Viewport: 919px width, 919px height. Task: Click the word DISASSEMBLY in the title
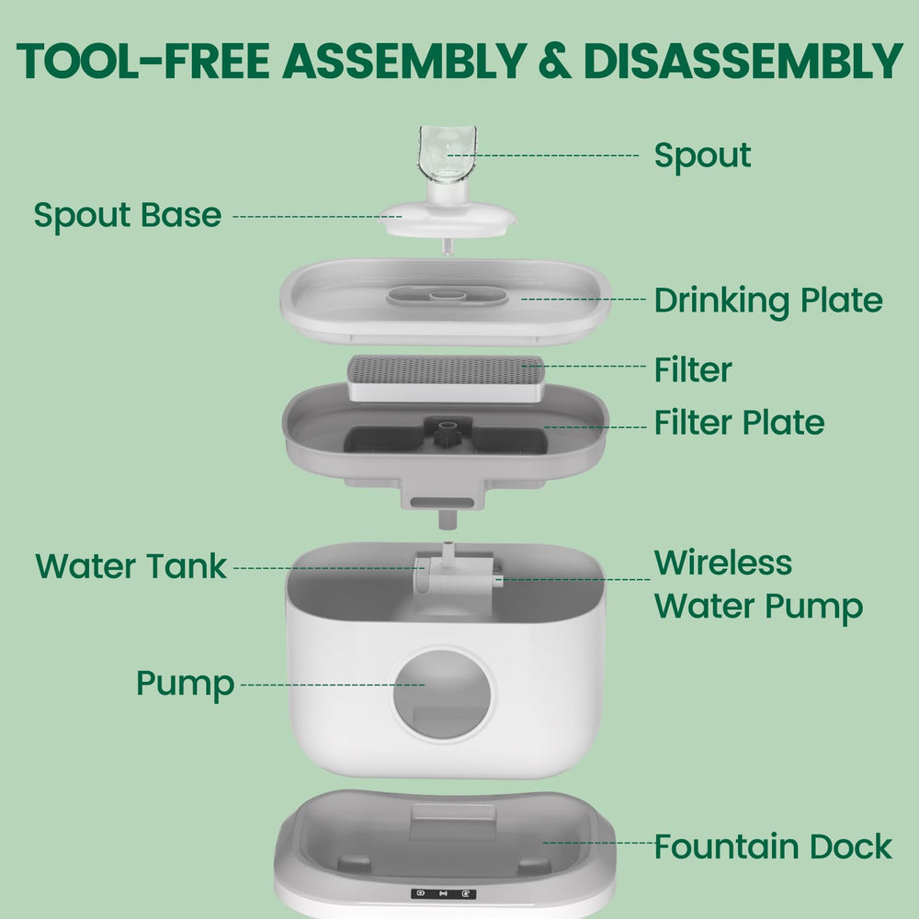[x=743, y=61]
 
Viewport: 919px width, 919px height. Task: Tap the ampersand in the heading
[x=554, y=61]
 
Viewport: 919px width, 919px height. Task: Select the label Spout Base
[x=128, y=216]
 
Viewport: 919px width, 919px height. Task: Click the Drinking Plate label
[x=768, y=301]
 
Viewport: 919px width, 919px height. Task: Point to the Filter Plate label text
[x=739, y=422]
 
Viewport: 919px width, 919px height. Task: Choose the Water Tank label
[x=130, y=566]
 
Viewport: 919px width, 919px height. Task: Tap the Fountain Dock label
[x=773, y=846]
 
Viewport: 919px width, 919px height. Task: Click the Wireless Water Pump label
[x=758, y=584]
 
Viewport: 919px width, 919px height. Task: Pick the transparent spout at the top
[x=448, y=153]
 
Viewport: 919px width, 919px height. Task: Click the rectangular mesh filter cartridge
[x=446, y=378]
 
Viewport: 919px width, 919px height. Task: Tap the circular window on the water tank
[x=442, y=694]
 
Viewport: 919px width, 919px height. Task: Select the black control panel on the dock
[x=444, y=894]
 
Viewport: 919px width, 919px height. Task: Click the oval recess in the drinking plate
[x=448, y=295]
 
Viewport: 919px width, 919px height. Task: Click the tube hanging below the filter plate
[x=448, y=519]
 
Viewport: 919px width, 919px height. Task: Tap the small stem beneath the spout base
[x=448, y=246]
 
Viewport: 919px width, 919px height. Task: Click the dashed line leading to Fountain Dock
[x=598, y=843]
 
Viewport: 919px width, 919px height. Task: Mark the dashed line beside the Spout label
[x=543, y=155]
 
